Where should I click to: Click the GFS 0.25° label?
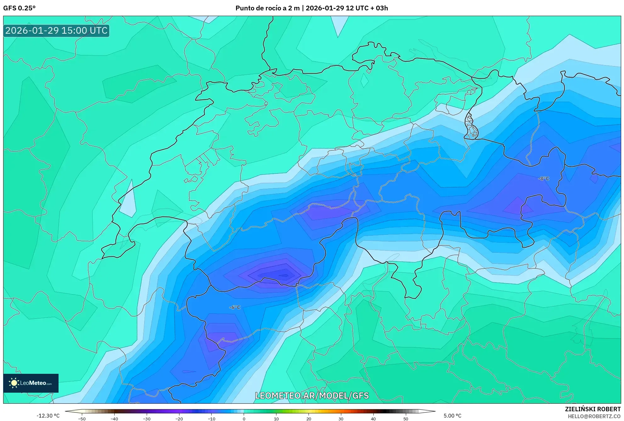coord(19,8)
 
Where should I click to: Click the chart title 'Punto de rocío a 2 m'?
coord(267,8)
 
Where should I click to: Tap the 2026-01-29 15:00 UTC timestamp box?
coord(56,31)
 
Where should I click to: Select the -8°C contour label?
coord(544,178)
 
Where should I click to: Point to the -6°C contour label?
coord(235,307)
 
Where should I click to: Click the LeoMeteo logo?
coord(31,383)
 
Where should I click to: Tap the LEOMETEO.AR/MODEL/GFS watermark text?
coord(312,396)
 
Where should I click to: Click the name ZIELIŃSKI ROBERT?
coord(593,409)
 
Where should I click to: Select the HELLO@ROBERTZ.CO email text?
coord(594,416)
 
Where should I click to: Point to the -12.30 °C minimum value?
coord(48,416)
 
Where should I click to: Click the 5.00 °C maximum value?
coord(452,416)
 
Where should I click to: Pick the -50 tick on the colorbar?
coord(82,418)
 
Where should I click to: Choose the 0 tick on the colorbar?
coord(244,418)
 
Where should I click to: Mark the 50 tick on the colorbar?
coord(406,418)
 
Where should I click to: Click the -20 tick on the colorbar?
coord(179,418)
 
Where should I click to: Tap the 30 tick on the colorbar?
coord(341,418)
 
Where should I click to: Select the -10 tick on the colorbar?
coord(211,418)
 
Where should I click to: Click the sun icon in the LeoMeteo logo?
coord(14,383)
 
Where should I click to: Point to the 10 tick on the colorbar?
coord(276,418)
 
